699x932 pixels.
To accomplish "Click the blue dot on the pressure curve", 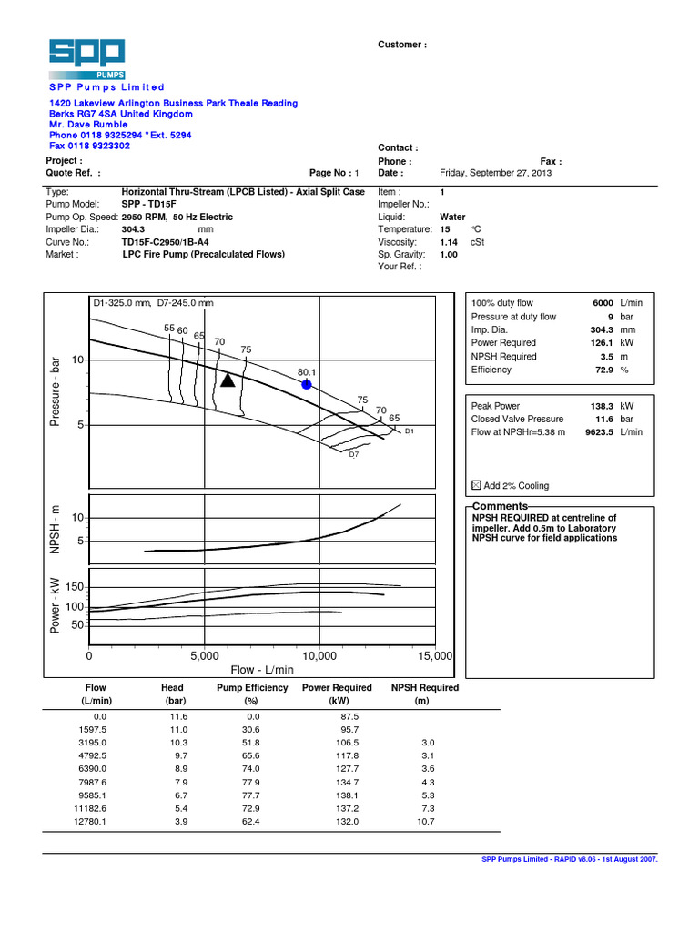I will point(306,385).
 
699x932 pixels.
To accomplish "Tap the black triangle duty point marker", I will point(228,380).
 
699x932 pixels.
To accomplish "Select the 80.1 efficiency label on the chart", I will point(306,372).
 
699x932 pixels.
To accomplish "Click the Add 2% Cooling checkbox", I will point(476,486).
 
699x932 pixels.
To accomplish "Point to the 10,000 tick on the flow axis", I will point(319,655).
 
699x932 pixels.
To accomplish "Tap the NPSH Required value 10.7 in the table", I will point(425,821).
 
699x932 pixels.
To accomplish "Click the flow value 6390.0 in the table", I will point(95,769).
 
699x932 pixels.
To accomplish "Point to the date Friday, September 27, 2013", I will point(495,173).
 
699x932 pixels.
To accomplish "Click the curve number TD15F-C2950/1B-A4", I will point(164,243).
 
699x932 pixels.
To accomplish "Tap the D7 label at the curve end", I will point(354,453).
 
